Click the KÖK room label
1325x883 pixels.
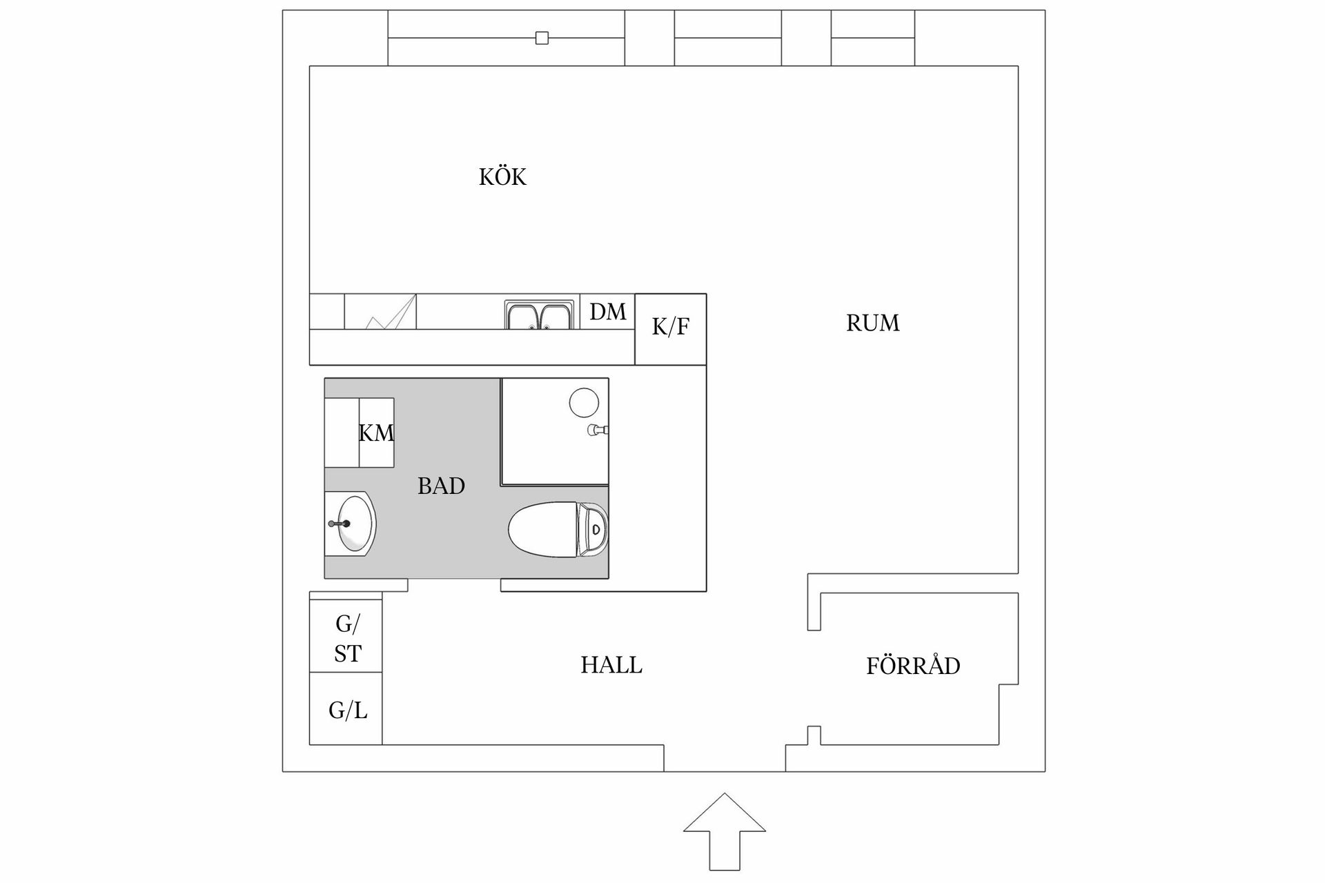coord(502,177)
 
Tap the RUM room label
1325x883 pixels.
coord(872,323)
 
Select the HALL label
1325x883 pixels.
coord(611,665)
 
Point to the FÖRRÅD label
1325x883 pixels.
coord(912,666)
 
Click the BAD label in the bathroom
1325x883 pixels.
coord(441,486)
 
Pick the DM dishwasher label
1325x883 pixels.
coord(607,312)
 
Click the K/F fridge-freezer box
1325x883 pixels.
coord(670,328)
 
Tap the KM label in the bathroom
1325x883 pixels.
coord(376,433)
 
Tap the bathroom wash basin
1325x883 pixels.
coord(352,524)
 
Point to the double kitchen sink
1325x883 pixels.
coord(539,316)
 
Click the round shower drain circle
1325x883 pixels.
coord(584,402)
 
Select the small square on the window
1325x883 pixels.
coord(542,38)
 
